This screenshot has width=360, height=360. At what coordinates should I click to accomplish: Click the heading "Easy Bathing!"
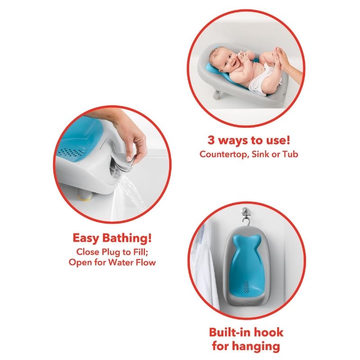[x=112, y=237]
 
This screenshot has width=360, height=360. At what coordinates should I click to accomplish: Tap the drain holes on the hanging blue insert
[x=245, y=287]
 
